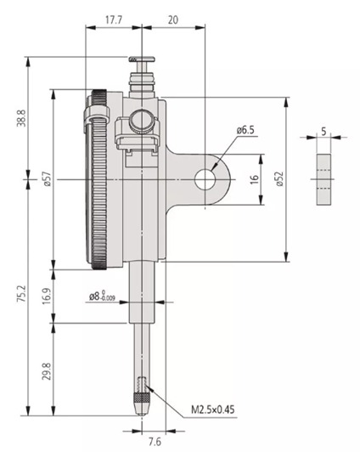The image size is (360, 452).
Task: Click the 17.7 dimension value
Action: pos(114,20)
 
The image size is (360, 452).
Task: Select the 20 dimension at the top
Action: pos(173,20)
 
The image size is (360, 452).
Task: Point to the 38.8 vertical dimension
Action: pos(21,118)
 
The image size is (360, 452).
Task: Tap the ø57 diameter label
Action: pos(48,178)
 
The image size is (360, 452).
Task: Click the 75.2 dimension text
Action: pos(21,293)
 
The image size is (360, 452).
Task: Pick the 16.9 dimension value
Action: pos(47,297)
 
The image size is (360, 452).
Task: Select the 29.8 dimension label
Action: pos(47,371)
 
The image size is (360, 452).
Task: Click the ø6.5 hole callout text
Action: pos(245,130)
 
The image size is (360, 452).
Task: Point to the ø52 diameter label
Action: pos(279,178)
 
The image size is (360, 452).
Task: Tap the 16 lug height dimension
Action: pos(254,179)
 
